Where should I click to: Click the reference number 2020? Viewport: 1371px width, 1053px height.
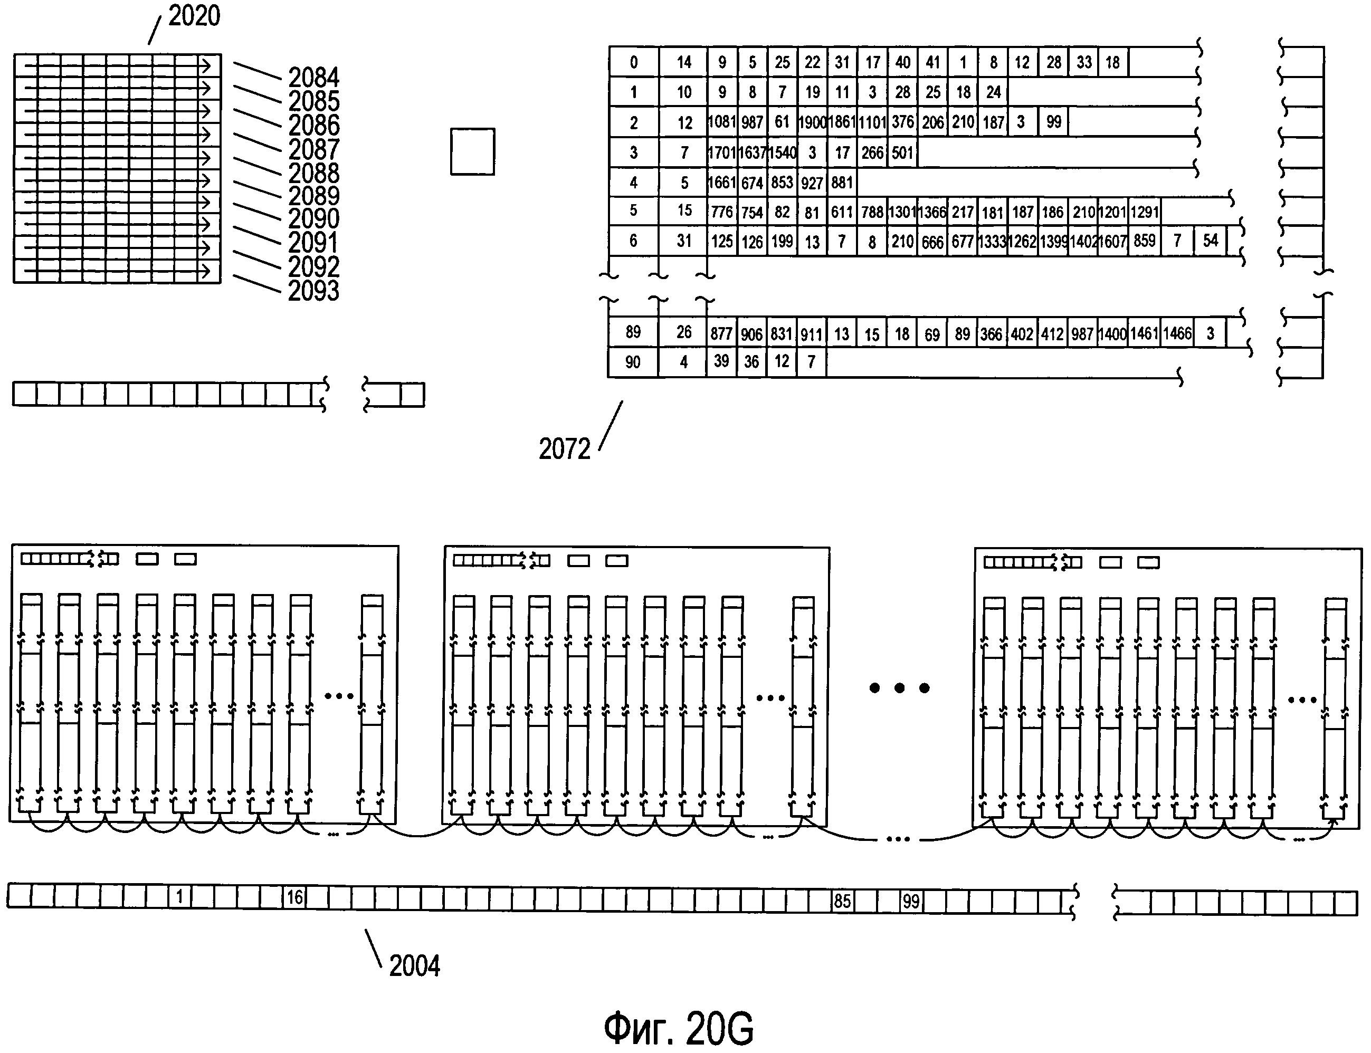(194, 16)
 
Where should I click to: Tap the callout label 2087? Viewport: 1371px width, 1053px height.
(313, 149)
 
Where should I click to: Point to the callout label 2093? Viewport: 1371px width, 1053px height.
(313, 291)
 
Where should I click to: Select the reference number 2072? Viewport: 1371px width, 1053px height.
(564, 449)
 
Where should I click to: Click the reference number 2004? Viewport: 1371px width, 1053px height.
(414, 966)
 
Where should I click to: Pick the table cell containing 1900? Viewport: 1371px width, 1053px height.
(813, 122)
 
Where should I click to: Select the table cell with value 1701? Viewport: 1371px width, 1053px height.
(722, 152)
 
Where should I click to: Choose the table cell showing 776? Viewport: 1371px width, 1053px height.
(722, 212)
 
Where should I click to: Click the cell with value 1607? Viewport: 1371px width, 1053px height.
(1113, 241)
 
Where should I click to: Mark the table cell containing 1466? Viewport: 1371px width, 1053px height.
(1177, 333)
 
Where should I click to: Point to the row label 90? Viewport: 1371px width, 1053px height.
(633, 362)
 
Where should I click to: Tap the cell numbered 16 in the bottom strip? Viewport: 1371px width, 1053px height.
(294, 897)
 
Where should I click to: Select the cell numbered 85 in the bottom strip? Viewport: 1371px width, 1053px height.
(842, 901)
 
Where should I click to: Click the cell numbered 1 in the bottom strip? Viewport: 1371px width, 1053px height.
(180, 897)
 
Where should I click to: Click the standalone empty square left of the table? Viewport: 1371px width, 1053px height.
(473, 152)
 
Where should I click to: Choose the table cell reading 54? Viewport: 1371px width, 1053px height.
(1210, 241)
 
